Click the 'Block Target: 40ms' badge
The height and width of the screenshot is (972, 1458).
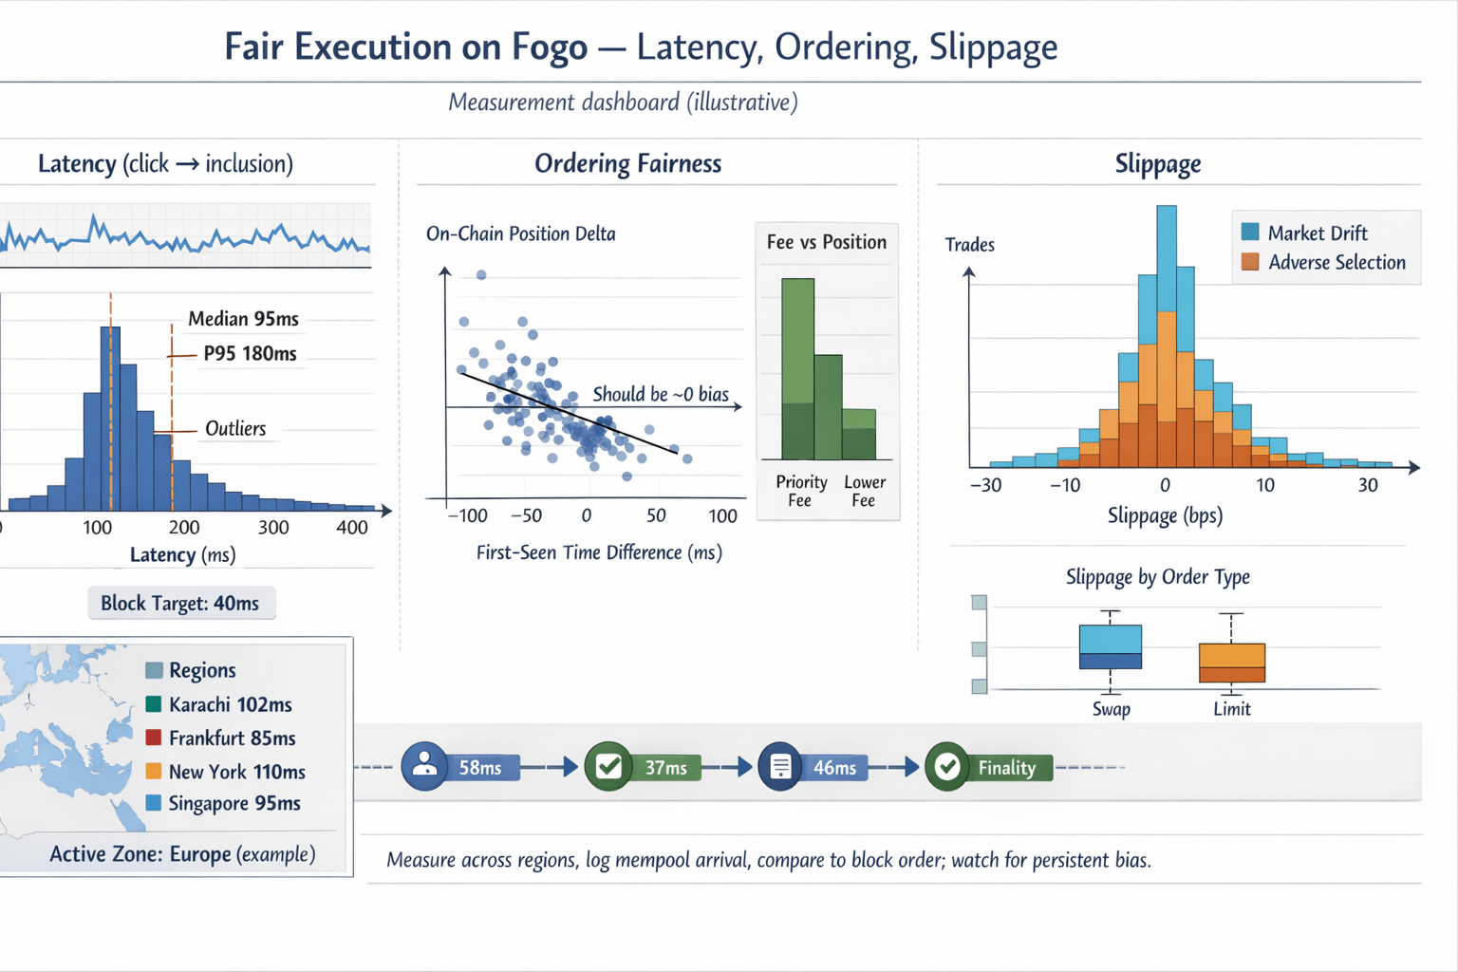(180, 604)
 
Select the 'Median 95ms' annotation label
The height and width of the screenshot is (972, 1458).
(243, 319)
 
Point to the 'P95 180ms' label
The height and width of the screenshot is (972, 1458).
(250, 354)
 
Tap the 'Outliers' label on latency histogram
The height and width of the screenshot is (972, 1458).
(235, 429)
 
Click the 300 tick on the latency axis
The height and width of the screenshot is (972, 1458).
(273, 528)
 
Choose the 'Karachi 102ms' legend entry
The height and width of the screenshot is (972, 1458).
(230, 705)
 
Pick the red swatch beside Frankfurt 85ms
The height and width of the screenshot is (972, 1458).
(154, 738)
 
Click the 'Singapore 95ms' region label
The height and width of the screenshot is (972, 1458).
(234, 804)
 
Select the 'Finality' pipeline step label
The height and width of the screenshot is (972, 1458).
(1006, 768)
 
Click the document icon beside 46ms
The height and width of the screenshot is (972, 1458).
(780, 767)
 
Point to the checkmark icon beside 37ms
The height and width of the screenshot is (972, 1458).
(608, 767)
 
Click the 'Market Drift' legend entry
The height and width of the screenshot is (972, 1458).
(1317, 234)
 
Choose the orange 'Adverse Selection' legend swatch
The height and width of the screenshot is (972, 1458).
(1250, 262)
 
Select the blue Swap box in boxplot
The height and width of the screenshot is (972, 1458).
(1111, 646)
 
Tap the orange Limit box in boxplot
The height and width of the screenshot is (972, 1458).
(1231, 662)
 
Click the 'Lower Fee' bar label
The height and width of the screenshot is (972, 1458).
(864, 491)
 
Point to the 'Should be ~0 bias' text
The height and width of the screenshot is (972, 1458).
(661, 394)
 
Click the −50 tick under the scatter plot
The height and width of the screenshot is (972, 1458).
(526, 516)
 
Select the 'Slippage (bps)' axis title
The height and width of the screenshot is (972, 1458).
(1165, 516)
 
